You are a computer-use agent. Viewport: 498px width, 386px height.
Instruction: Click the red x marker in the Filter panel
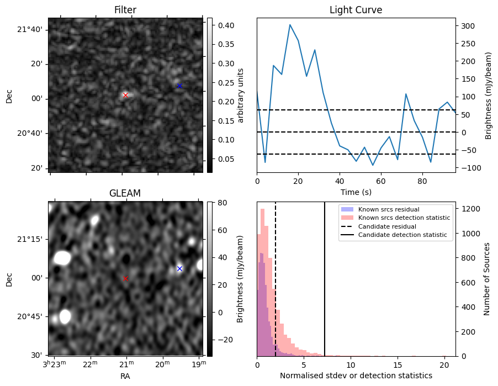[x=125, y=95]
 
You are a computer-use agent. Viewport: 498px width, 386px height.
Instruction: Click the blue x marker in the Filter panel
[x=179, y=86]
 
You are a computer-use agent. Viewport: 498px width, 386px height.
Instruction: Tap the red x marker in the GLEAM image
[x=125, y=278]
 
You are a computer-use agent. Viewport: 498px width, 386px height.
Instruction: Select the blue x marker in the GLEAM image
[x=179, y=268]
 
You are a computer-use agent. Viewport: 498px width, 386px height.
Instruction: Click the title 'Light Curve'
[x=356, y=10]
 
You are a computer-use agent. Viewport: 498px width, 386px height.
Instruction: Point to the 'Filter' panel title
[x=125, y=10]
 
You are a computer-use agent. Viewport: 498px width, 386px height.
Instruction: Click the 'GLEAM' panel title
[x=125, y=193]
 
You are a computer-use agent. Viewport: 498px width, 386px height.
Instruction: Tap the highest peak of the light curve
[x=290, y=25]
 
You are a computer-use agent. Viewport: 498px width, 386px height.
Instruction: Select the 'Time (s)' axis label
[x=356, y=192]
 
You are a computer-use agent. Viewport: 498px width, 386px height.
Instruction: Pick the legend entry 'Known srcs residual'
[x=388, y=209]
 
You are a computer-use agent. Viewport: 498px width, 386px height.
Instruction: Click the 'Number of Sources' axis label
[x=487, y=279]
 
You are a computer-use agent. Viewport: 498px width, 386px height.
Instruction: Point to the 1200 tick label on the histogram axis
[x=470, y=209]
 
